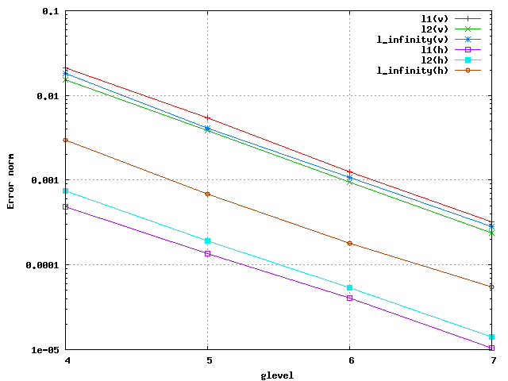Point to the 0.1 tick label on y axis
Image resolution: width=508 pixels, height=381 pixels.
51,12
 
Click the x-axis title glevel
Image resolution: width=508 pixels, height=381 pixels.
277,375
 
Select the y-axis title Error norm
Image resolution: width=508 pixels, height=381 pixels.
11,181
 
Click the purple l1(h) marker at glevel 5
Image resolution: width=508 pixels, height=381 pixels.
208,253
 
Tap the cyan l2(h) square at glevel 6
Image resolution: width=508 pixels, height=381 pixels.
350,288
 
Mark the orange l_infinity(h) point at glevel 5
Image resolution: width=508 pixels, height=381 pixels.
208,194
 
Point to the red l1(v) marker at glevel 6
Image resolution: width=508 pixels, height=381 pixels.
350,171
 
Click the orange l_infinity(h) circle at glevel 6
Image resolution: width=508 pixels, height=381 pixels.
350,243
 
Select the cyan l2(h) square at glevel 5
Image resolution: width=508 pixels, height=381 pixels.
208,241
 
